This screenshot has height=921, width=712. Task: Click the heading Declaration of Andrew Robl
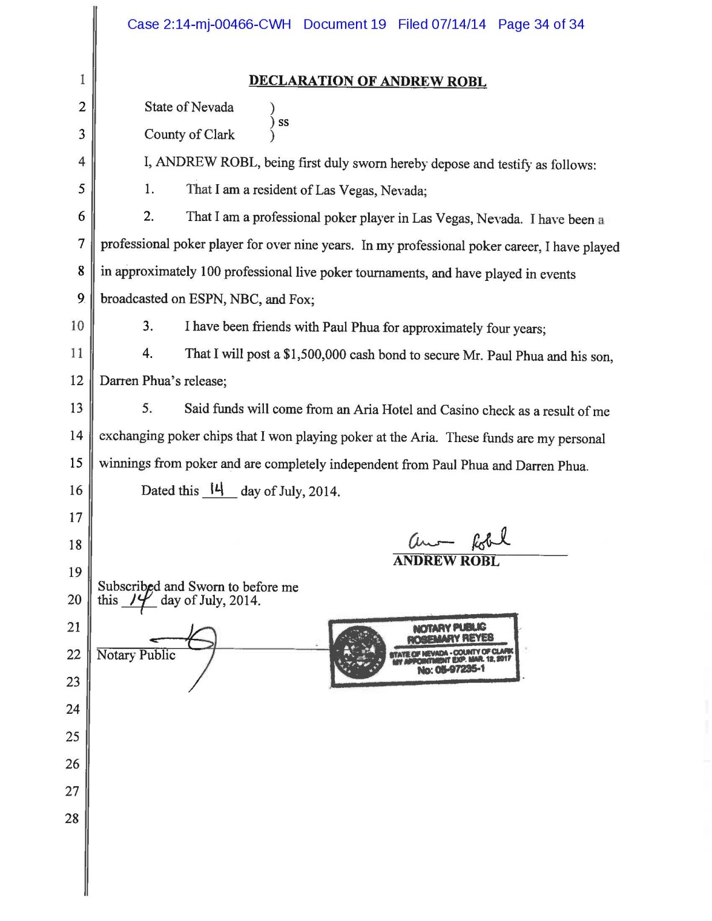(368, 81)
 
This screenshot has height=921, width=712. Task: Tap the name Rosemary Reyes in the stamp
(450, 638)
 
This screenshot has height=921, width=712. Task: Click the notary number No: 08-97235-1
(451, 669)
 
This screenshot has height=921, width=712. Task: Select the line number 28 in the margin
(72, 818)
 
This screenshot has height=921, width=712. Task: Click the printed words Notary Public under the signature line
(136, 655)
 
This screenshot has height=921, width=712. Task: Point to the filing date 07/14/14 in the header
(459, 24)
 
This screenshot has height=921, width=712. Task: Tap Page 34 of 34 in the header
(541, 24)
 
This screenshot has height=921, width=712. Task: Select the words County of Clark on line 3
(189, 134)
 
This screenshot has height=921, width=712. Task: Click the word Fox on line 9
(300, 299)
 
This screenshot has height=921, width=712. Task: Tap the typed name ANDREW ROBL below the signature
(446, 561)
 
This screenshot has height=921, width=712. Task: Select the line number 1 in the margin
(82, 79)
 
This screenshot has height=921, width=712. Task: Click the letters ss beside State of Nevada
(283, 121)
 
